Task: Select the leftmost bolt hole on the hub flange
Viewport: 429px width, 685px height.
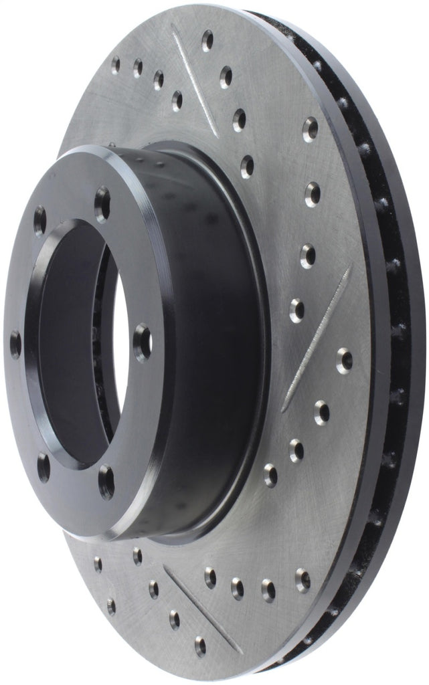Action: click(x=15, y=344)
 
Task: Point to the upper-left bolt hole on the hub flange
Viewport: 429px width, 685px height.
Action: click(x=39, y=220)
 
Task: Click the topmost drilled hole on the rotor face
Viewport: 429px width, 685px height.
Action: click(x=207, y=40)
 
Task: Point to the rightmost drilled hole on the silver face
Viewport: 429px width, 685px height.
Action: click(x=345, y=360)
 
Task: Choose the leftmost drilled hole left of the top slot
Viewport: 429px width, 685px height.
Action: click(x=116, y=64)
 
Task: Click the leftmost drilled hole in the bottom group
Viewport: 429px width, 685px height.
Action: click(x=98, y=563)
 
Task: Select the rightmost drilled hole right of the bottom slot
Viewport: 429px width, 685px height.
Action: click(x=303, y=579)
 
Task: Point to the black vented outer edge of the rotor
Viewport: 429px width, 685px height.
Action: click(x=395, y=334)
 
